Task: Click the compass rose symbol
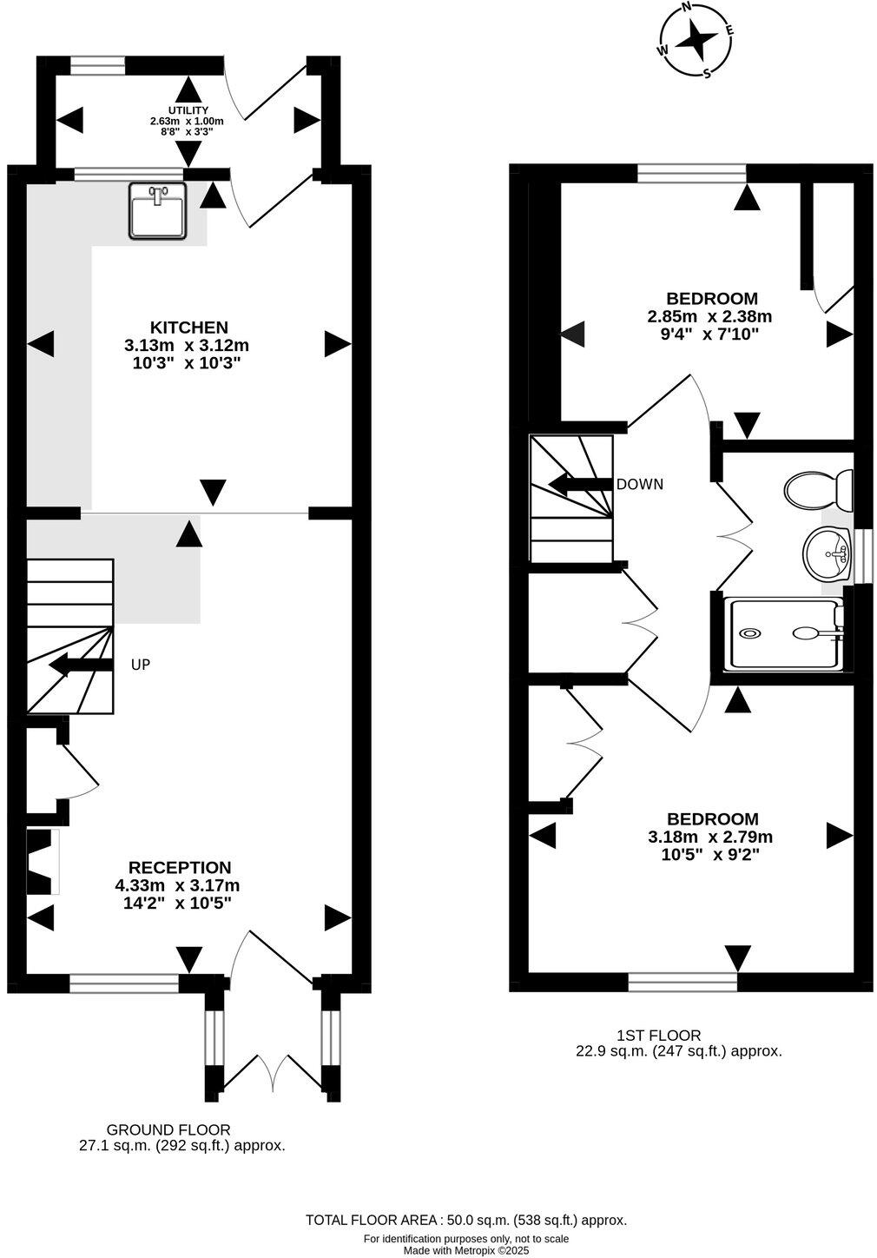(696, 40)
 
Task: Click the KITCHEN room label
(189, 328)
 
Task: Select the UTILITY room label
(188, 110)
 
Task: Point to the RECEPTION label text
(180, 867)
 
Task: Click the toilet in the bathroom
(819, 491)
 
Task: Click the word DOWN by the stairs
(639, 484)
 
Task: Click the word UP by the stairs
(141, 665)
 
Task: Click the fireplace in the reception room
(41, 861)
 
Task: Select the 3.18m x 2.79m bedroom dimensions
(710, 838)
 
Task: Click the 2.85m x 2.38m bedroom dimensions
(709, 316)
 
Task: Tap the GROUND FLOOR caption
(168, 1129)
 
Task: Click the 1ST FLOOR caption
(658, 1035)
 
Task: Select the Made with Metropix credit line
(465, 1250)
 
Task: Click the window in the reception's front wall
(124, 983)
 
